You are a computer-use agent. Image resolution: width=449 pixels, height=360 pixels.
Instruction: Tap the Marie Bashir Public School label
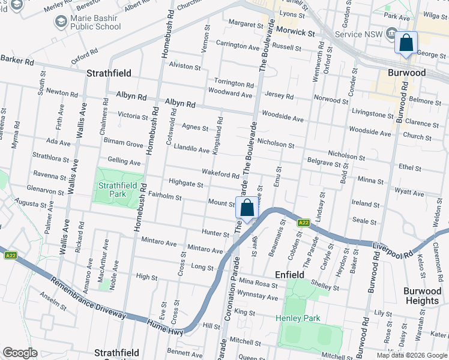coord(95,22)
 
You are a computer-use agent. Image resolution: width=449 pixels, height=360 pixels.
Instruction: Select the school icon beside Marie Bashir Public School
coord(61,22)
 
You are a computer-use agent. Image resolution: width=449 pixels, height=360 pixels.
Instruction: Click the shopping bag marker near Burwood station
coord(406,44)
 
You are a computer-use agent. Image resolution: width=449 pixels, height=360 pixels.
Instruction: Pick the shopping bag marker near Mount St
coord(246,209)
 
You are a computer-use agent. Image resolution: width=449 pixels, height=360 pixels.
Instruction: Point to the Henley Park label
coord(298,318)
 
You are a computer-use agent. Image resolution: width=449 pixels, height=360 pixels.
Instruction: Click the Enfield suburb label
coord(289,274)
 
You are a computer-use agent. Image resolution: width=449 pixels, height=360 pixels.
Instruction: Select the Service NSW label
coord(357,34)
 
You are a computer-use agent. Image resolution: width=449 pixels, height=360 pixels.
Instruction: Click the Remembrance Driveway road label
coord(88,299)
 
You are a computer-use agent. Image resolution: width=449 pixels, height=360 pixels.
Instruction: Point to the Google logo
coord(20,353)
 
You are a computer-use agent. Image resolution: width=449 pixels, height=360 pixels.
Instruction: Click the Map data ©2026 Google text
coord(411,355)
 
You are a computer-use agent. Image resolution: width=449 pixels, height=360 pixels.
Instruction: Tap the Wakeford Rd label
coord(220,174)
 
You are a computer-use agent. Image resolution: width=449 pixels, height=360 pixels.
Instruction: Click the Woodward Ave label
coord(230,94)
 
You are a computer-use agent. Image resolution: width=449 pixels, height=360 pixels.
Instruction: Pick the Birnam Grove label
coord(124,144)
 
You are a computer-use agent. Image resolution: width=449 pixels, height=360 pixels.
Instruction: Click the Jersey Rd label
coord(279,96)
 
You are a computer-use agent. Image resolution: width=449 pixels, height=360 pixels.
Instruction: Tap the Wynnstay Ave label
coord(258,297)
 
